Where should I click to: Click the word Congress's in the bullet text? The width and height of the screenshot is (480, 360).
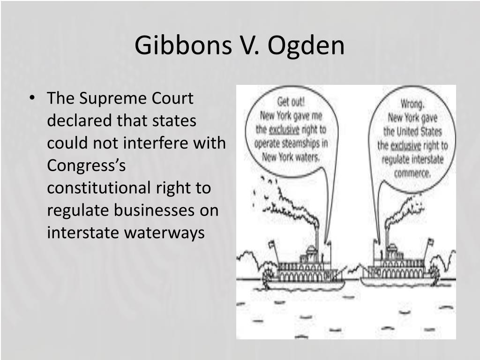pyautogui.click(x=84, y=165)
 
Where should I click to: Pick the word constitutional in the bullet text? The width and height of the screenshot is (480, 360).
pyautogui.click(x=97, y=188)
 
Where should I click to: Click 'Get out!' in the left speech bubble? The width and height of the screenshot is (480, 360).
pyautogui.click(x=290, y=102)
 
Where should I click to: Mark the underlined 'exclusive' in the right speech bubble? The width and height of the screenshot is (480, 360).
pyautogui.click(x=406, y=145)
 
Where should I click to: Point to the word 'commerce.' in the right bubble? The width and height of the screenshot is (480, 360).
pyautogui.click(x=412, y=173)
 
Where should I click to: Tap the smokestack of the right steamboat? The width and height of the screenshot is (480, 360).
pyautogui.click(x=387, y=239)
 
